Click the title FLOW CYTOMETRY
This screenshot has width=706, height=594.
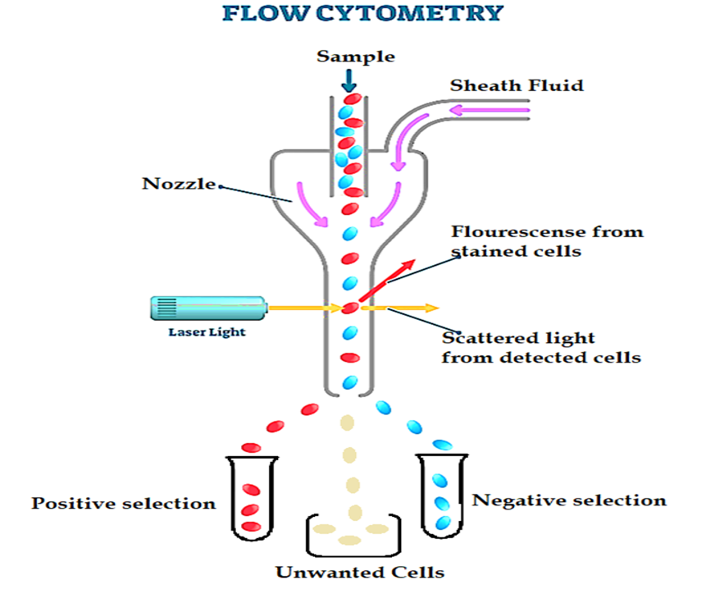point(353,14)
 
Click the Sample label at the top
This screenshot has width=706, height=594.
point(355,57)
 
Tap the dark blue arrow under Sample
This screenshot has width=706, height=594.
point(350,80)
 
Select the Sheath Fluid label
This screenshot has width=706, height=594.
point(515,85)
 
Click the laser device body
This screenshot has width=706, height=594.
point(207,308)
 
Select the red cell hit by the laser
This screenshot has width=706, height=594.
point(350,308)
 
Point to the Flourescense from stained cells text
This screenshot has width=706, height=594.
point(546,241)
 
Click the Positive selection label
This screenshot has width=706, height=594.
point(123,503)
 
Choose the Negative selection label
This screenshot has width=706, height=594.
point(569,500)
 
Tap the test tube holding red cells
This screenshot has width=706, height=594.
point(250,499)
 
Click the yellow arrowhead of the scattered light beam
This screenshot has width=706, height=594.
point(432,308)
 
